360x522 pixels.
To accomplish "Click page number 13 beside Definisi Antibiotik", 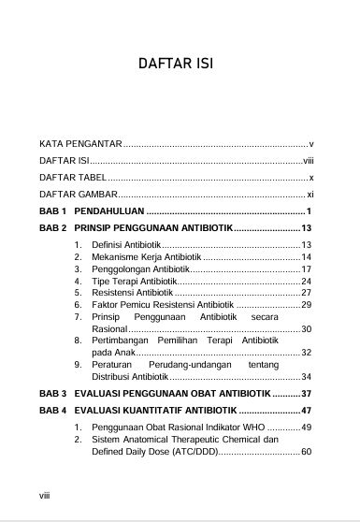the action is (305, 244).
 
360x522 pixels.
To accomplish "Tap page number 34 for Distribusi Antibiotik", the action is (305, 376).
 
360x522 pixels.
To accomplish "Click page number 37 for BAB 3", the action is (305, 393).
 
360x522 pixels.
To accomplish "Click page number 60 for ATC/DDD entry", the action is (305, 451).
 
